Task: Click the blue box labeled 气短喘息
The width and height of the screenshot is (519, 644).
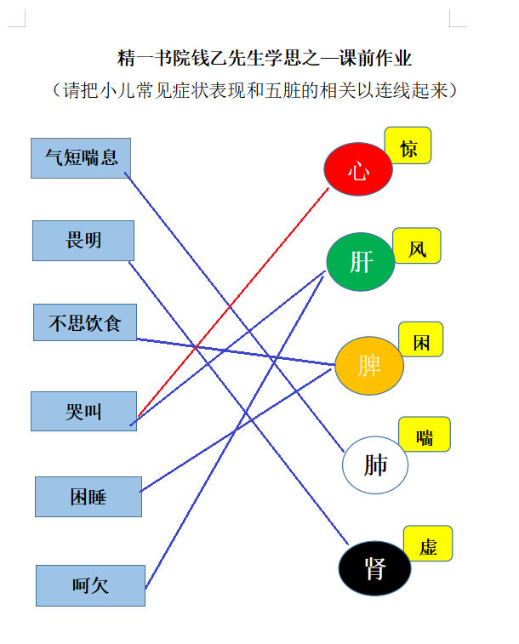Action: [x=81, y=158]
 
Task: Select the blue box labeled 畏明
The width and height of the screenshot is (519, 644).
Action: [x=83, y=241]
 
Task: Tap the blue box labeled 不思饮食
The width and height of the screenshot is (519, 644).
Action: [x=85, y=322]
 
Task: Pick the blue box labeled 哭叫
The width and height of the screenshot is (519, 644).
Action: [x=83, y=411]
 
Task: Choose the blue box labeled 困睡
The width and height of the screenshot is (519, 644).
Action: [x=88, y=497]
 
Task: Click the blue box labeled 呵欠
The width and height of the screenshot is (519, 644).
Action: [x=90, y=585]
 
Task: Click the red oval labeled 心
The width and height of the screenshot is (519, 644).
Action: [x=358, y=169]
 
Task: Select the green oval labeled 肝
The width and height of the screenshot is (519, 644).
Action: [x=361, y=262]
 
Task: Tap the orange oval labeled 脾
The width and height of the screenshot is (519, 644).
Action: [x=369, y=366]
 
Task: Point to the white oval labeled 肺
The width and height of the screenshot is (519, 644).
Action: [x=375, y=465]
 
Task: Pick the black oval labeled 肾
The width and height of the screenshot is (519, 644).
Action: [x=375, y=568]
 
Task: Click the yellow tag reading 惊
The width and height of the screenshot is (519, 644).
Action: [x=408, y=145]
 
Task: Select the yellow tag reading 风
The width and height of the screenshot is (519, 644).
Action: [x=417, y=246]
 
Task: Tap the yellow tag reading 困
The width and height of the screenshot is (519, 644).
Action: [x=421, y=339]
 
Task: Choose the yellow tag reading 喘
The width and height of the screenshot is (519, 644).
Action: [x=425, y=434]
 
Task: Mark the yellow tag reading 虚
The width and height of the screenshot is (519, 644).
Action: [x=428, y=544]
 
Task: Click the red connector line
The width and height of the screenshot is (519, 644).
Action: [x=233, y=302]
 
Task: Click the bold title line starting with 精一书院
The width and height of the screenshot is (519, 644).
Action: [x=264, y=58]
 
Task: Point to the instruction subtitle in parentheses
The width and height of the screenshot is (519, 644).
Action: [x=255, y=90]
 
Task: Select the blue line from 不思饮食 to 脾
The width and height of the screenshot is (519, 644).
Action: [x=236, y=351]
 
